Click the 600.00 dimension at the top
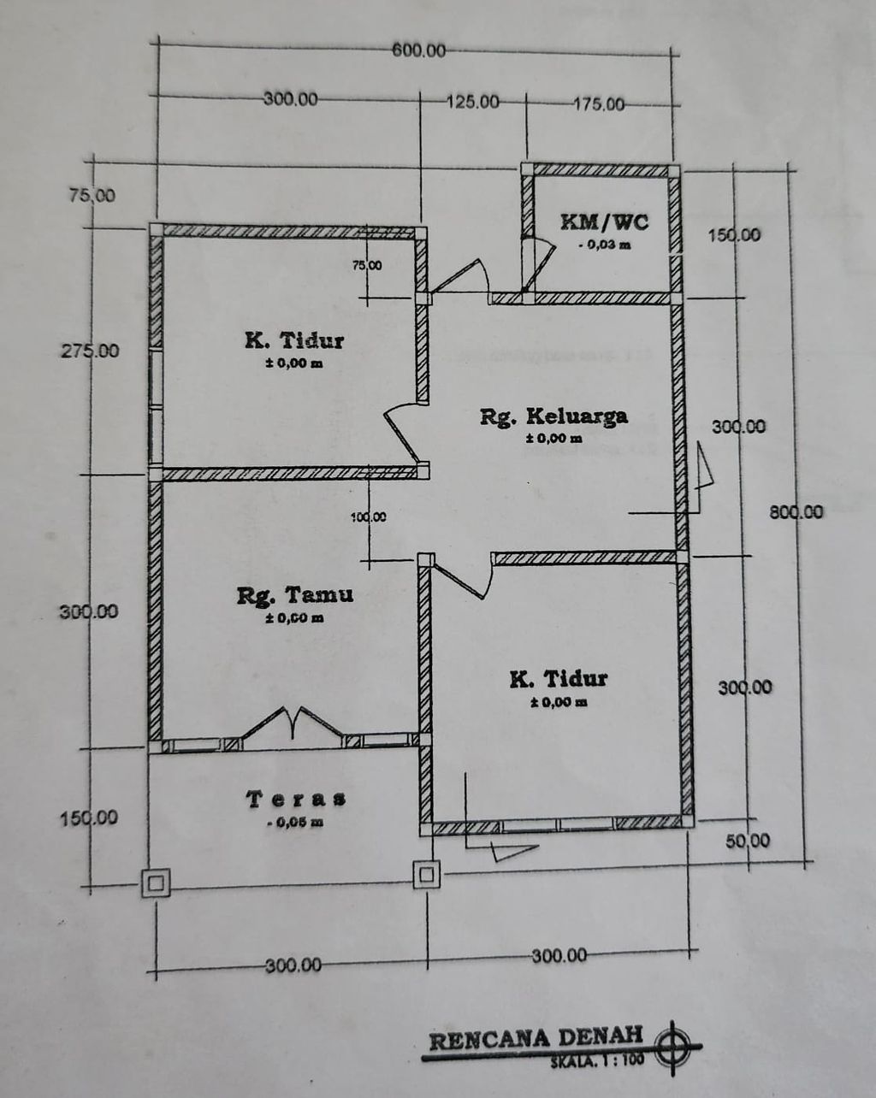click(418, 50)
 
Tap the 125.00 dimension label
click(473, 102)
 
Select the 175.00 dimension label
click(599, 104)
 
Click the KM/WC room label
click(605, 222)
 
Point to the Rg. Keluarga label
click(553, 416)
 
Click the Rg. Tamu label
click(295, 595)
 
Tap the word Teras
click(296, 799)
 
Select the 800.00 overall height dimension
click(796, 511)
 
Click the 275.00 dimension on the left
click(90, 351)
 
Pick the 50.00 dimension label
click(748, 841)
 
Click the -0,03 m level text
click(605, 245)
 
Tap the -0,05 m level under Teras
click(296, 823)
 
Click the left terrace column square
click(156, 883)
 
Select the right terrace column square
click(427, 875)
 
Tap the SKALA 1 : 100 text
click(597, 1060)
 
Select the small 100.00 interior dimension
click(368, 517)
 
